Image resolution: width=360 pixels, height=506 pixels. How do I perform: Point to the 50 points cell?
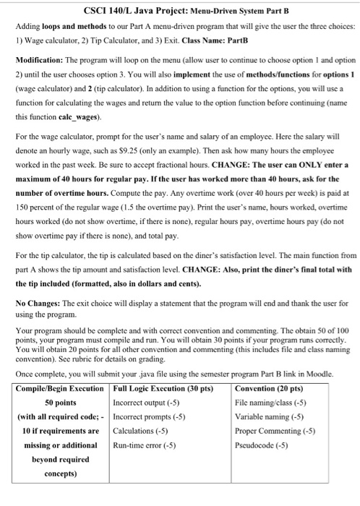click(x=61, y=402)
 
